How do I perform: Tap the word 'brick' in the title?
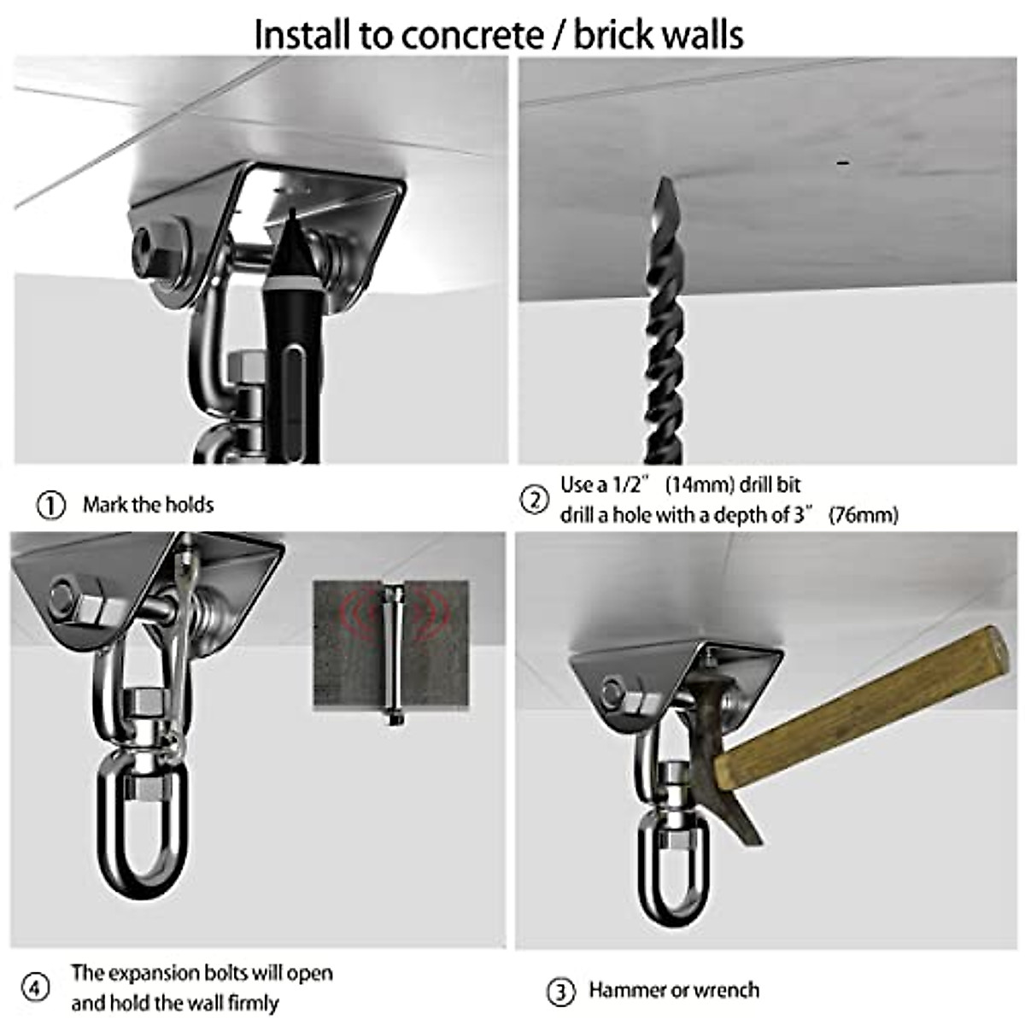click(621, 34)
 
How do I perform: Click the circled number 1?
click(51, 505)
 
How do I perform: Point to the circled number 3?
click(559, 992)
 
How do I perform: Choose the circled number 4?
click(35, 988)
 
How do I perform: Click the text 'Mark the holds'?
click(148, 505)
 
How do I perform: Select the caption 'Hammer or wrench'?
click(673, 991)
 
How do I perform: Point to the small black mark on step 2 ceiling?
click(845, 161)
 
